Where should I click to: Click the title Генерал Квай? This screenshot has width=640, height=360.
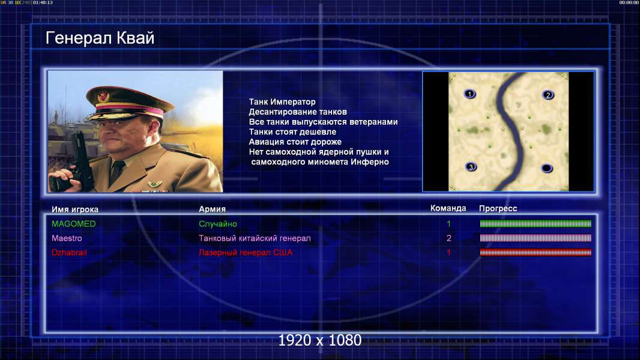(x=100, y=38)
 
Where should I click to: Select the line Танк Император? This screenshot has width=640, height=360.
(x=282, y=102)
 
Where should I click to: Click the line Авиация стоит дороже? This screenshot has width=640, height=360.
(x=295, y=142)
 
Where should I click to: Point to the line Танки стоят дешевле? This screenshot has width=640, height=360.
(x=292, y=131)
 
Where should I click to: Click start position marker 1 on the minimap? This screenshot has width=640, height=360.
(x=470, y=94)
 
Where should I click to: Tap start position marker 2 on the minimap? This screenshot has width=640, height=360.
(x=548, y=95)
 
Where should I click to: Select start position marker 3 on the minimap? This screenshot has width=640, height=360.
(x=471, y=167)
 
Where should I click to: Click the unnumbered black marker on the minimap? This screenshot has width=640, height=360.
(x=546, y=168)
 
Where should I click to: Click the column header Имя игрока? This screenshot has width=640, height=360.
(x=74, y=209)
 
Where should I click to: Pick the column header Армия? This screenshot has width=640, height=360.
(x=213, y=209)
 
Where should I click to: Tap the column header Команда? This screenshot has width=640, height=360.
(x=448, y=208)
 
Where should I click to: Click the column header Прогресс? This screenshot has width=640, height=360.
(x=498, y=208)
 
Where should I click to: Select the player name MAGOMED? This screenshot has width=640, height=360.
(x=73, y=224)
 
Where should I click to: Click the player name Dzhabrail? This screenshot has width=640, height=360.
(x=69, y=253)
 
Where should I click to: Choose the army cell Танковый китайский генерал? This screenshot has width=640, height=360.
(x=255, y=238)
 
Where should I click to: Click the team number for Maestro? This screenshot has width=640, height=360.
(x=448, y=238)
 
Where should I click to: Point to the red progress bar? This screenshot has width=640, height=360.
(x=536, y=253)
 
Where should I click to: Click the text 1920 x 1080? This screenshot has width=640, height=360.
(x=320, y=340)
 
